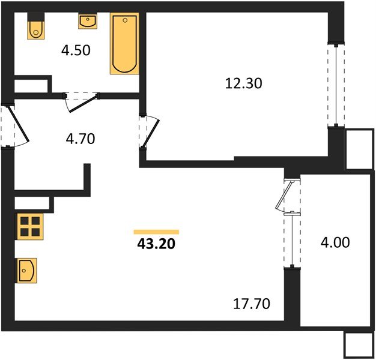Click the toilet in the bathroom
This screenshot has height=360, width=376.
35,28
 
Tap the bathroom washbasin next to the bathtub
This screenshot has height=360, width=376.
88,22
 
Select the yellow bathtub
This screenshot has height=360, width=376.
124,44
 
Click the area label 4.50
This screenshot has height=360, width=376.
75,50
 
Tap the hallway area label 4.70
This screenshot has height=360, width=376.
80,139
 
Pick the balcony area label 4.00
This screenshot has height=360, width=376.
335,243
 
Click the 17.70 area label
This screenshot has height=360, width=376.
251,304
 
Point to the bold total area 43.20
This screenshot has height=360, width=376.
156,244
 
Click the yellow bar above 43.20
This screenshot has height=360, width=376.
156,232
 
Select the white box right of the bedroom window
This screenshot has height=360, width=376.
359,148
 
